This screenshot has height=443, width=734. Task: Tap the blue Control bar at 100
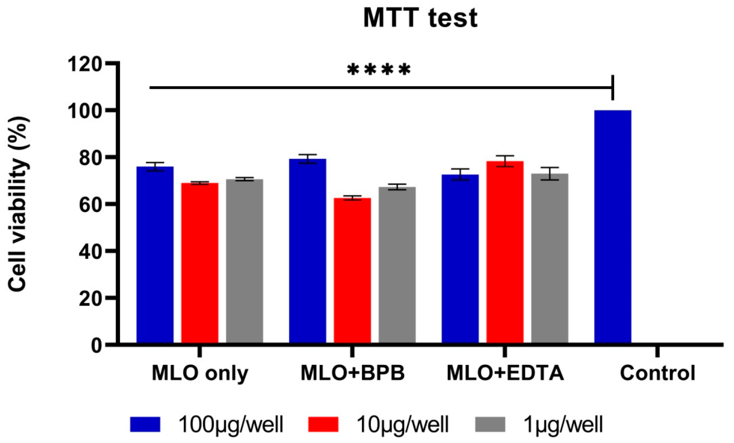pos(613,227)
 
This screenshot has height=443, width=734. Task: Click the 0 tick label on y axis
pos(97,346)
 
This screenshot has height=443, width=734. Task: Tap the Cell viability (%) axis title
pos(18,204)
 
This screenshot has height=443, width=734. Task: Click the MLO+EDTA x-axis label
pos(505,373)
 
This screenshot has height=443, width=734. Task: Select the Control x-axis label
pos(658,373)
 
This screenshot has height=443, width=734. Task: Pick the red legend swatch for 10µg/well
pos(323,424)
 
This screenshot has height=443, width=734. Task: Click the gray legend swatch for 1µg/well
pos(490,424)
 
